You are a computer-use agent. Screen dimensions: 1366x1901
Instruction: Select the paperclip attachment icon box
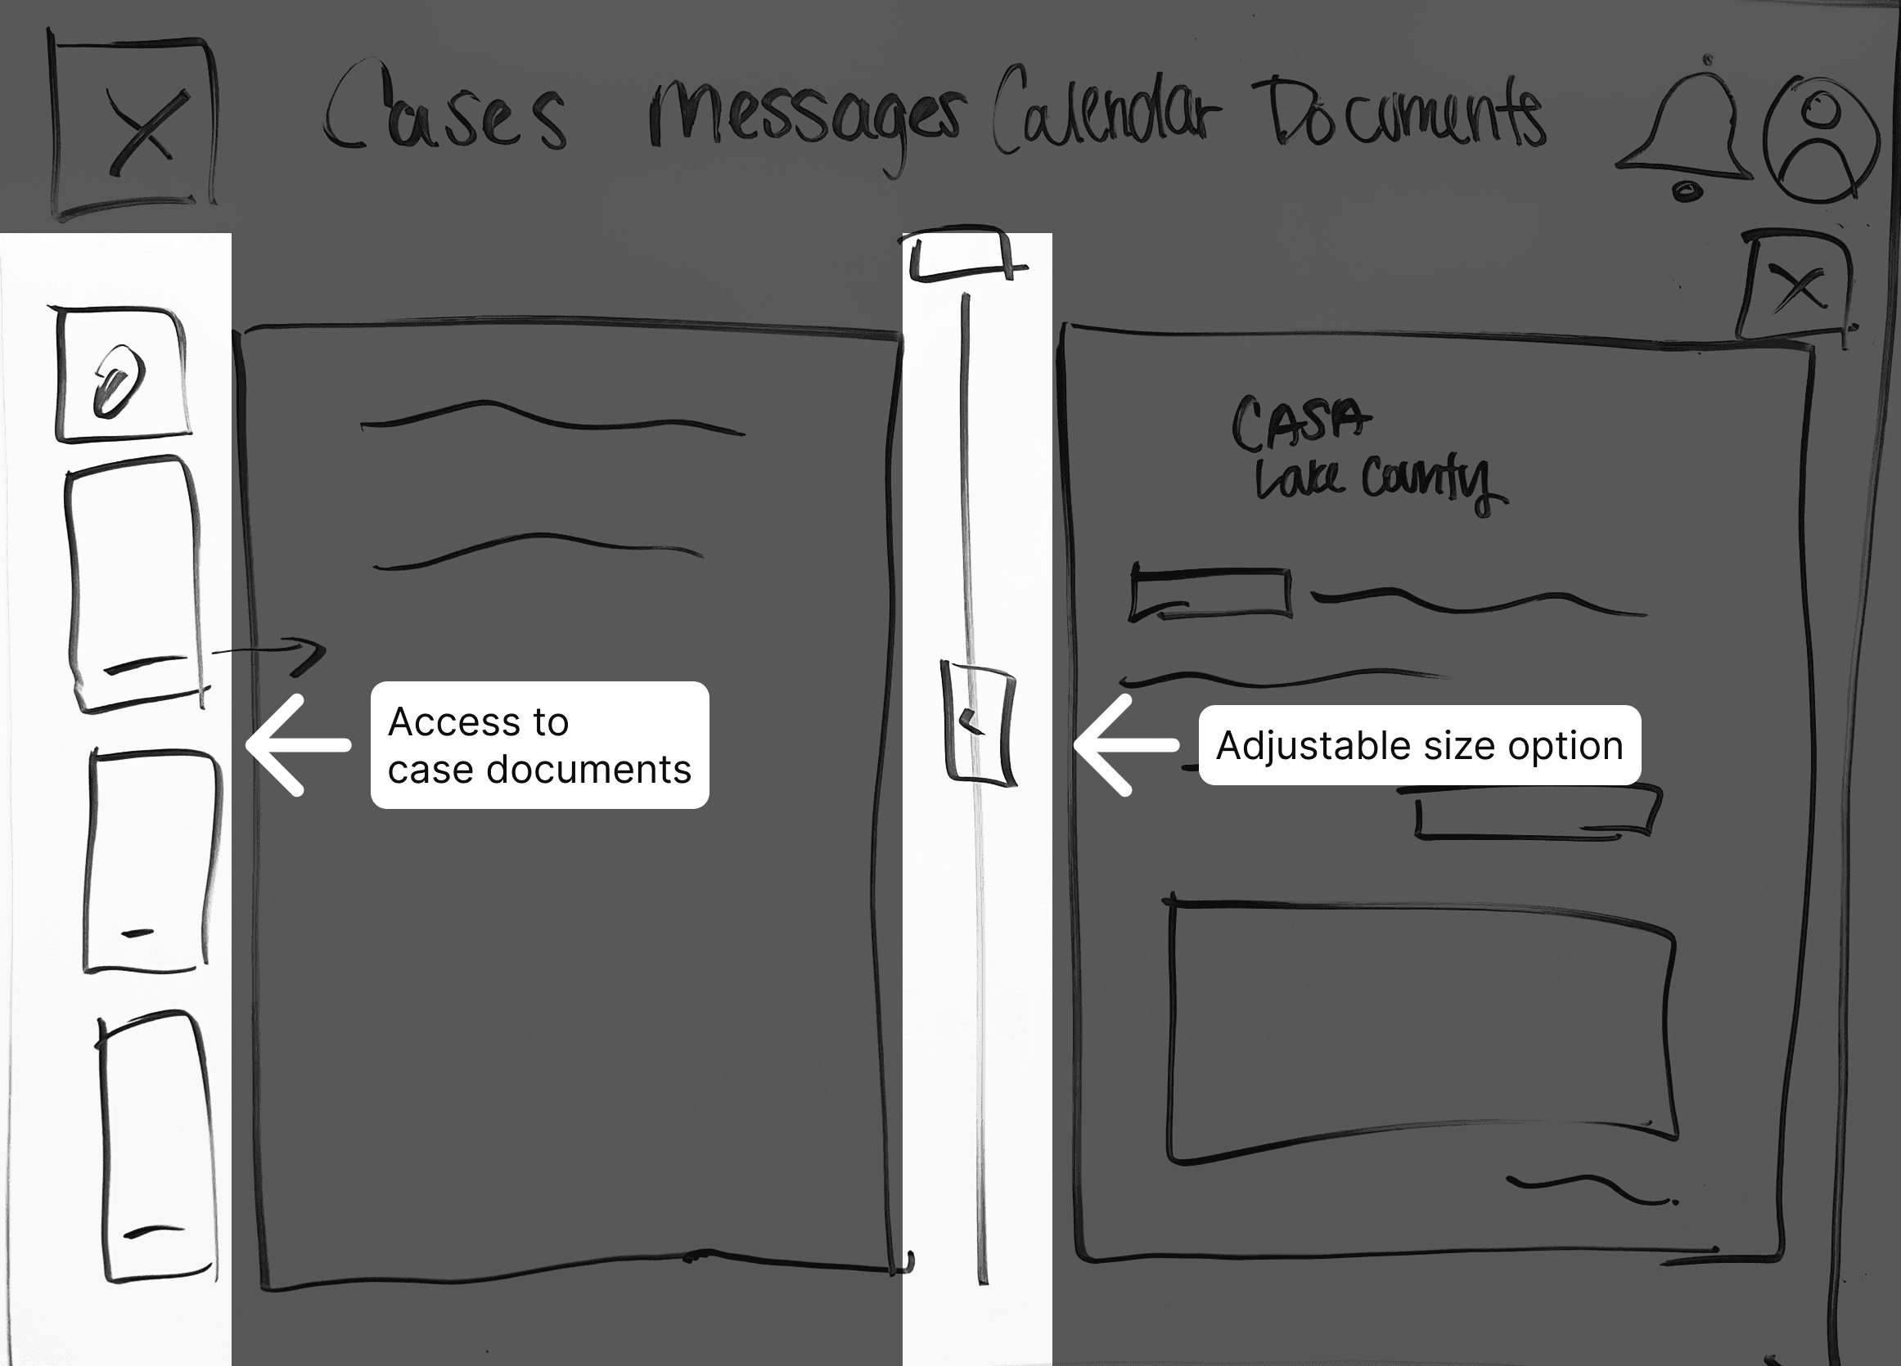click(122, 375)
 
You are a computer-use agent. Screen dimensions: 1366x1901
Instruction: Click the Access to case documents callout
click(540, 745)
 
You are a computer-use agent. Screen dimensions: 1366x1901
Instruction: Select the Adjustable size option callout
click(1419, 745)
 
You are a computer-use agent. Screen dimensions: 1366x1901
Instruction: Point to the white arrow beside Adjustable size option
click(1126, 745)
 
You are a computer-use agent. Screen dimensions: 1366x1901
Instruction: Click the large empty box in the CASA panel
click(1421, 1031)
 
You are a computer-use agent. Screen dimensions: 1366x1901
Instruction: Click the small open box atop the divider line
click(964, 253)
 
